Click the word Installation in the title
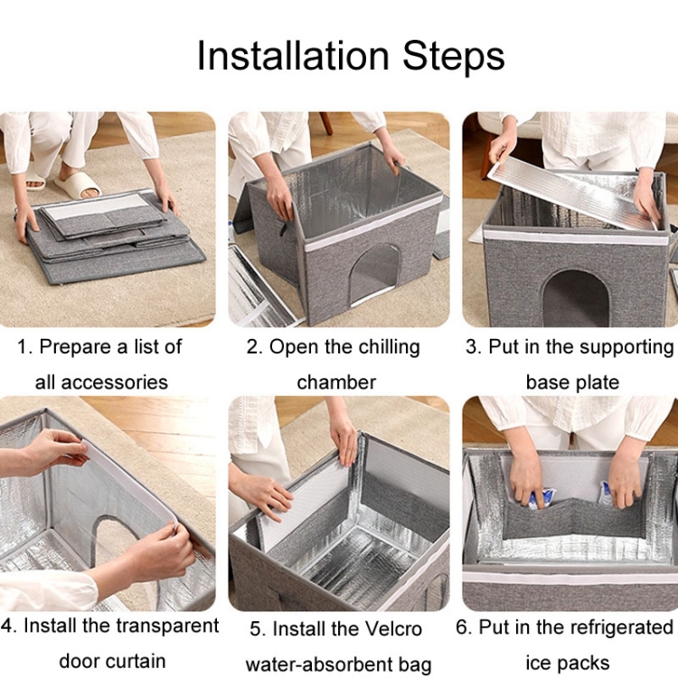click(x=293, y=56)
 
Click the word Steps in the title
click(x=454, y=57)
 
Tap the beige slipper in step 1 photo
click(x=78, y=184)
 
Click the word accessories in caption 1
click(x=114, y=382)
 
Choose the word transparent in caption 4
click(x=168, y=626)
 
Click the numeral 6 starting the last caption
click(x=462, y=627)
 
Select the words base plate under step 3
click(x=572, y=382)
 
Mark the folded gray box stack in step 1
click(x=111, y=236)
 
